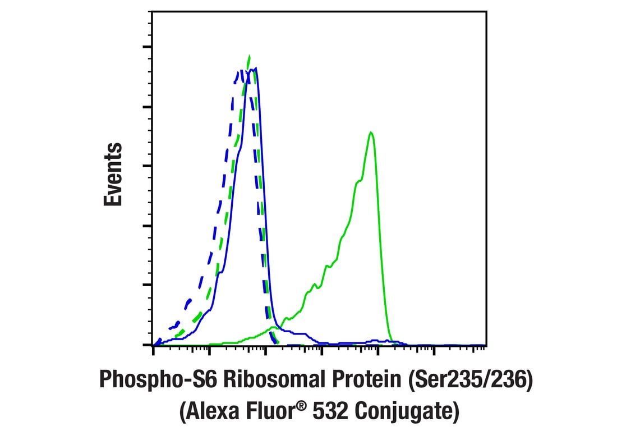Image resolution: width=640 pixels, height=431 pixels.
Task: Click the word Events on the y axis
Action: [x=113, y=175]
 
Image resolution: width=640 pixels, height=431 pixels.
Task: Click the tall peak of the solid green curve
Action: [x=371, y=132]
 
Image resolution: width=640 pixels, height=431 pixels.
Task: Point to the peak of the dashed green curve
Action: [x=248, y=56]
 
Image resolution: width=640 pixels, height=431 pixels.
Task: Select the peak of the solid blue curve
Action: [x=255, y=68]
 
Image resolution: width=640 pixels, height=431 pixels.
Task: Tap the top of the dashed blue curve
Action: [x=240, y=71]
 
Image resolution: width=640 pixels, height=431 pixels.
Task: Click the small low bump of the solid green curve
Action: [x=273, y=327]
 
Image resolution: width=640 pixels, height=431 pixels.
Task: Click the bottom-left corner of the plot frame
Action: [x=153, y=345]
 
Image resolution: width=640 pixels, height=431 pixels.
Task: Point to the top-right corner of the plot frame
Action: [x=486, y=11]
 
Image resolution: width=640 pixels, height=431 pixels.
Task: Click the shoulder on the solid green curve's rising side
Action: [x=359, y=181]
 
